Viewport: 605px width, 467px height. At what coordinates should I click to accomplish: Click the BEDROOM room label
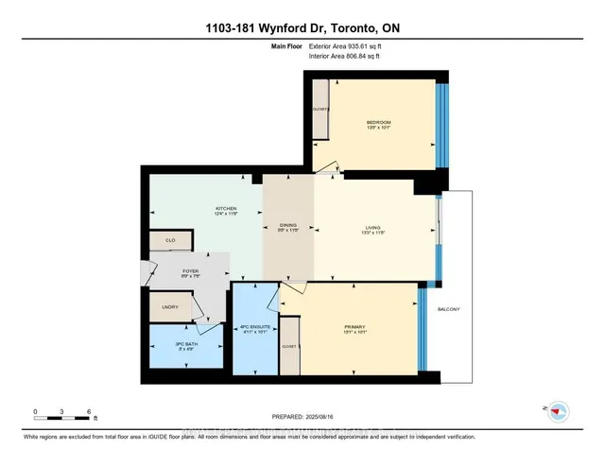[378, 122]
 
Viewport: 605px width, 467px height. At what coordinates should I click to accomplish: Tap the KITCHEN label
[225, 208]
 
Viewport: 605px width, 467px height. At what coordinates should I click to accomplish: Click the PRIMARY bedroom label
[354, 327]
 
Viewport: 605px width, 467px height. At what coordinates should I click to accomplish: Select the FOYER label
[190, 270]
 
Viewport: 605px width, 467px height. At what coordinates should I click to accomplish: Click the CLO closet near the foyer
[170, 241]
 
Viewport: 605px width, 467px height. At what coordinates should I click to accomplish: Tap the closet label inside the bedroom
[320, 109]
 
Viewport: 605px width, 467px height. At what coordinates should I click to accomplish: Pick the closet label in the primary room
[288, 347]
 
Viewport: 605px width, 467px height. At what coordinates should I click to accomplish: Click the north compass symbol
[559, 410]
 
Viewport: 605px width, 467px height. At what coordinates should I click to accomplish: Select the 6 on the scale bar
[89, 411]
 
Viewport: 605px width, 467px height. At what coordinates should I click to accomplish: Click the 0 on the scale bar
[36, 411]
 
